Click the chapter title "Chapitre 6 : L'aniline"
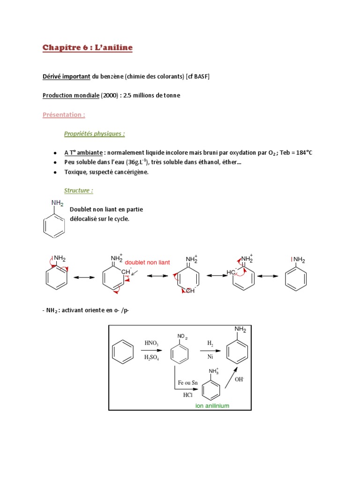tap(88, 48)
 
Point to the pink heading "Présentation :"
tap(64, 115)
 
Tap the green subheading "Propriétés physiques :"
tap(95, 134)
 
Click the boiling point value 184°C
tap(300, 153)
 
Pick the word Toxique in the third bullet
tap(75, 172)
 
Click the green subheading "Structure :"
tap(79, 190)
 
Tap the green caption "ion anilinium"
tap(212, 405)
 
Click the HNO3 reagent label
tap(151, 344)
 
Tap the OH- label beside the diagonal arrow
tap(240, 380)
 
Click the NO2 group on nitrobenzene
tap(182, 337)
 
